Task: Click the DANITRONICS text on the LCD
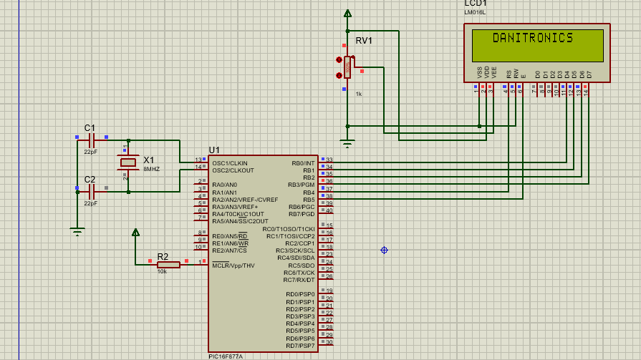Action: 533,38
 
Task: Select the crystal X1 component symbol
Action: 128,163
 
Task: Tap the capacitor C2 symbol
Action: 91,192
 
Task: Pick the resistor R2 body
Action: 168,265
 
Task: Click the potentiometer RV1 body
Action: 347,67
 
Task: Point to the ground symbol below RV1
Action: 347,143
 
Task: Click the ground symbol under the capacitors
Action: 77,230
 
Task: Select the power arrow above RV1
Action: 347,13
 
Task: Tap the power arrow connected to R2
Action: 135,232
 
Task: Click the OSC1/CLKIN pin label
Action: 229,163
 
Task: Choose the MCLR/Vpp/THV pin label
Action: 233,266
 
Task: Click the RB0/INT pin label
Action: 303,163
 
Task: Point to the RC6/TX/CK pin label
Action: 299,273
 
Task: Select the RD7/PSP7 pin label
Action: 300,346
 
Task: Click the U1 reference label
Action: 214,150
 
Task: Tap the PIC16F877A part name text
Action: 226,356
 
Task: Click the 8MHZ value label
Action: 151,169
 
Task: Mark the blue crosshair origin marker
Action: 384,250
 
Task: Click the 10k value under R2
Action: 162,272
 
